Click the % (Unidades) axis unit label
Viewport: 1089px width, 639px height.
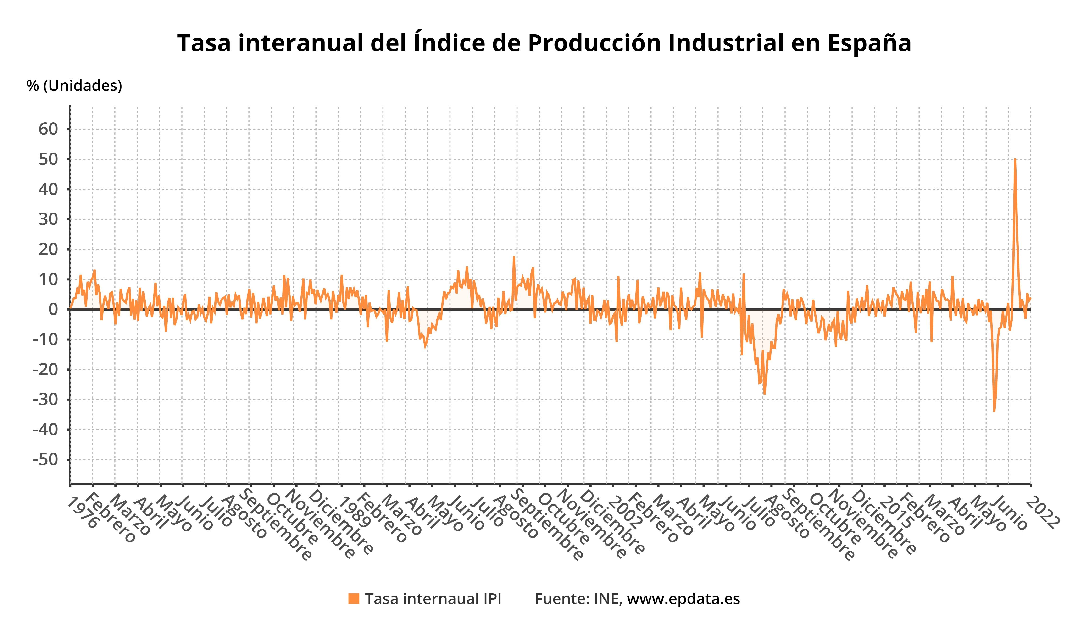(74, 86)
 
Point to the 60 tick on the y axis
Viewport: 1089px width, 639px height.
(48, 129)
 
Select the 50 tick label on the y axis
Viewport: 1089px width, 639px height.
(48, 159)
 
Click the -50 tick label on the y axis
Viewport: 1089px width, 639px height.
(45, 459)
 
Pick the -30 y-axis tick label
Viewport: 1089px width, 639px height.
(45, 399)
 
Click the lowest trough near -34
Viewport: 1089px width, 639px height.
(994, 411)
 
